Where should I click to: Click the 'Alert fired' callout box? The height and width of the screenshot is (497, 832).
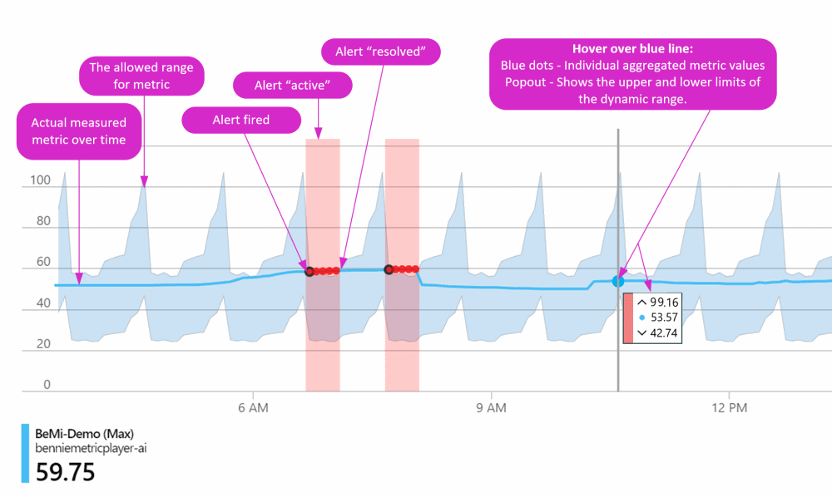click(x=240, y=120)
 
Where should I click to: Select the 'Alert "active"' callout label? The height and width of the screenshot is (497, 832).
click(x=292, y=84)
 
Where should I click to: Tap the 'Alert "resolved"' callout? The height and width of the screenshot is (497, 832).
click(x=380, y=52)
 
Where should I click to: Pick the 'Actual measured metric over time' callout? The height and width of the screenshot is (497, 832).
click(x=78, y=131)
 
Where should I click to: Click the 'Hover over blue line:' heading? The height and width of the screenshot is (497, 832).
click(x=632, y=49)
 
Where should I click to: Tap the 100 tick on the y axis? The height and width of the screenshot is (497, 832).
click(x=41, y=180)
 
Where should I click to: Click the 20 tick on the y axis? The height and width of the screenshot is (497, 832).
click(x=43, y=343)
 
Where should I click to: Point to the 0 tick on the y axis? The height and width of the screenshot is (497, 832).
click(x=47, y=384)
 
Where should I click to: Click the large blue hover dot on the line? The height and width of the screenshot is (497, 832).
click(x=618, y=282)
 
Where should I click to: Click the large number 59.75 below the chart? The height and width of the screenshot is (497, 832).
click(x=65, y=472)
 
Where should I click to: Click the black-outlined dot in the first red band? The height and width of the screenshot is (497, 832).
click(x=310, y=271)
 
